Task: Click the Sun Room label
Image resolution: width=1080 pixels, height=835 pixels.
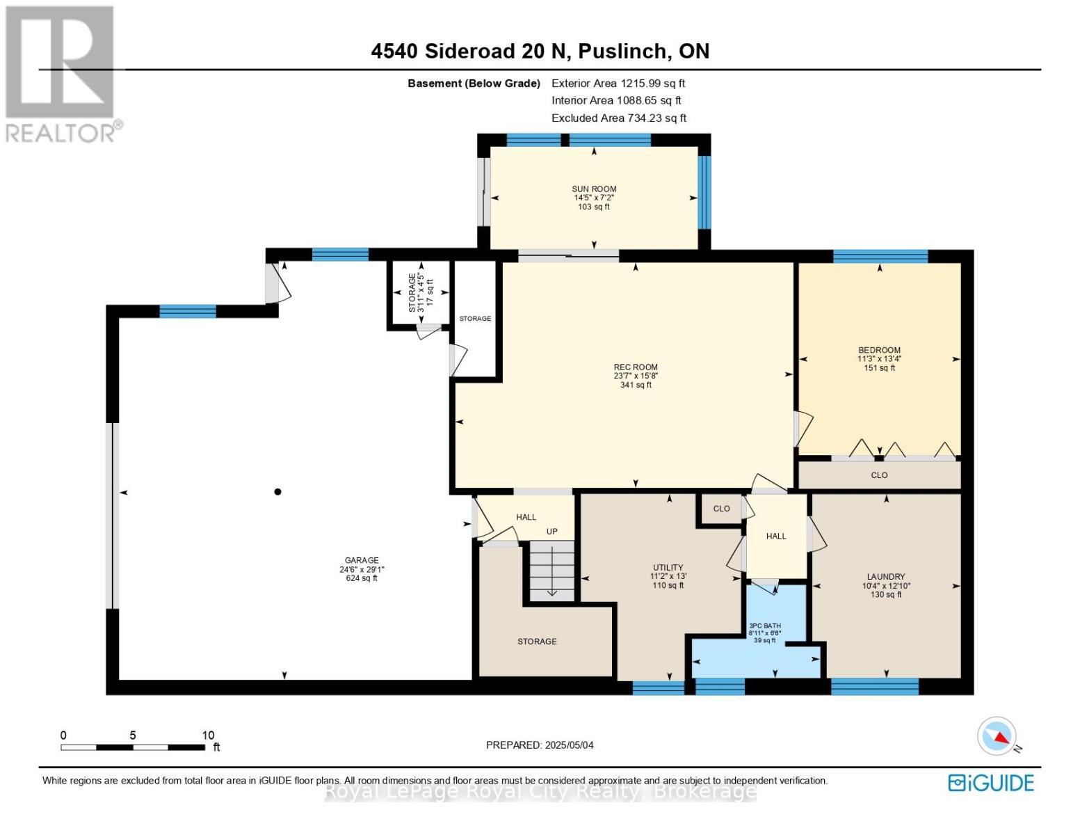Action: coord(594,189)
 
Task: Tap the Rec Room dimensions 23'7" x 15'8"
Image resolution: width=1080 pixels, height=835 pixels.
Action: coord(636,376)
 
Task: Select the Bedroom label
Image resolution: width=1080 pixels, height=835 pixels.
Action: coord(879,350)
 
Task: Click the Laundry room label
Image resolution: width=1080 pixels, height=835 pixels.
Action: coord(886,576)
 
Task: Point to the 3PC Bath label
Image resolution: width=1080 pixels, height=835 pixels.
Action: coord(765,626)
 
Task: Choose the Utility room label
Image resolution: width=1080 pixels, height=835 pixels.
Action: coord(668,567)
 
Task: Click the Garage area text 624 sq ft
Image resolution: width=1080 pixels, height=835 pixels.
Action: coord(362,578)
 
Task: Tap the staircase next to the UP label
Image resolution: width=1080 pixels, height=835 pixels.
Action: coord(552,571)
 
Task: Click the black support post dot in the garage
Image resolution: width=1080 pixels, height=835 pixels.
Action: coord(277,492)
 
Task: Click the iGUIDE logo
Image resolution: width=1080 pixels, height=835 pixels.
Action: coord(991,783)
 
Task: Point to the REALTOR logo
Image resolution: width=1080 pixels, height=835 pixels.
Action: coord(61,73)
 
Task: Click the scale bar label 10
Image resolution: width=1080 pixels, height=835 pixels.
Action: coord(207,735)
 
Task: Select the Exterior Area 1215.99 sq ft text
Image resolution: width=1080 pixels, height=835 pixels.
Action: coord(618,83)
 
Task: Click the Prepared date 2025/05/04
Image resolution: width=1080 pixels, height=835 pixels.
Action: coord(540,745)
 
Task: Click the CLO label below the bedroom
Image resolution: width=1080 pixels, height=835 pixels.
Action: coord(879,475)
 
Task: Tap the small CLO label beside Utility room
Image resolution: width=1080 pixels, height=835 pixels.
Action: coord(721,509)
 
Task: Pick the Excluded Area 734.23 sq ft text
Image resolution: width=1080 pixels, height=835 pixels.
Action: coord(619,118)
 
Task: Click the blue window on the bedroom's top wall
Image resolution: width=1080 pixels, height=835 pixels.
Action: coord(880,256)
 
